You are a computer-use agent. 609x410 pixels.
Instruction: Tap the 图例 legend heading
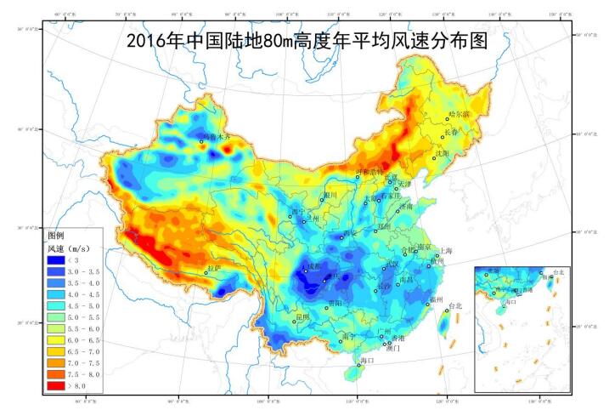pyautogui.click(x=56, y=234)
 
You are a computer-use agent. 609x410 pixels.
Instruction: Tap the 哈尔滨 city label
pyautogui.click(x=459, y=114)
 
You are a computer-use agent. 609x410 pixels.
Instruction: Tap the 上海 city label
pyautogui.click(x=447, y=251)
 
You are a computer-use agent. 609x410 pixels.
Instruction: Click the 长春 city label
pyautogui.click(x=451, y=133)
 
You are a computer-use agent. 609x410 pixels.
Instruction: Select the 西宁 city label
pyautogui.click(x=297, y=210)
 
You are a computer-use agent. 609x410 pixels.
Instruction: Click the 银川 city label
pyautogui.click(x=330, y=195)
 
